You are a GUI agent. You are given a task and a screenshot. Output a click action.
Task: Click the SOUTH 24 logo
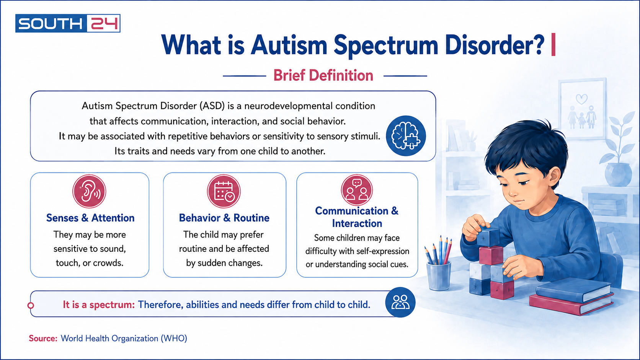pyautogui.click(x=68, y=23)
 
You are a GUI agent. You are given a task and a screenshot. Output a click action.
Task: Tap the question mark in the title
pyautogui.click(x=539, y=44)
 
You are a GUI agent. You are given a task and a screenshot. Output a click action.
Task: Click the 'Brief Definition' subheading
pyautogui.click(x=323, y=75)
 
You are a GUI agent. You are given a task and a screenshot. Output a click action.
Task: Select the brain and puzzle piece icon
pyautogui.click(x=406, y=135)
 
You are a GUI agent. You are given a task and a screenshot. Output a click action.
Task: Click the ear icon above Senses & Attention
pyautogui.click(x=89, y=191)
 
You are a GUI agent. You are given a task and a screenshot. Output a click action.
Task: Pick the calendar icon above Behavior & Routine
pyautogui.click(x=224, y=191)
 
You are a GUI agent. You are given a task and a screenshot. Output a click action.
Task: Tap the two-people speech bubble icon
pyautogui.click(x=357, y=189)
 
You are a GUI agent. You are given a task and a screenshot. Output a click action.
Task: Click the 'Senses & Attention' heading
pyautogui.click(x=90, y=218)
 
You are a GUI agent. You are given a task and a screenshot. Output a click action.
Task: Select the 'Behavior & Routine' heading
pyautogui.click(x=224, y=218)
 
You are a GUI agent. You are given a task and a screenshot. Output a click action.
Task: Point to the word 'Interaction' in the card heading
pyautogui.click(x=357, y=223)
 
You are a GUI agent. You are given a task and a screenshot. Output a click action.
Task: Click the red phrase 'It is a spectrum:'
pyautogui.click(x=99, y=305)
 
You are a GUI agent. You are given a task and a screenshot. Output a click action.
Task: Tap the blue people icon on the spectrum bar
pyautogui.click(x=400, y=302)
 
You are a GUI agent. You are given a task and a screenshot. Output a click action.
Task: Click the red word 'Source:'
pyautogui.click(x=43, y=338)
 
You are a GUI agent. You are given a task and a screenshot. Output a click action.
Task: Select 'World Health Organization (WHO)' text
pyautogui.click(x=124, y=338)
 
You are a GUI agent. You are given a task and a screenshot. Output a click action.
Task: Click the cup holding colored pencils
pyautogui.click(x=439, y=275)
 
